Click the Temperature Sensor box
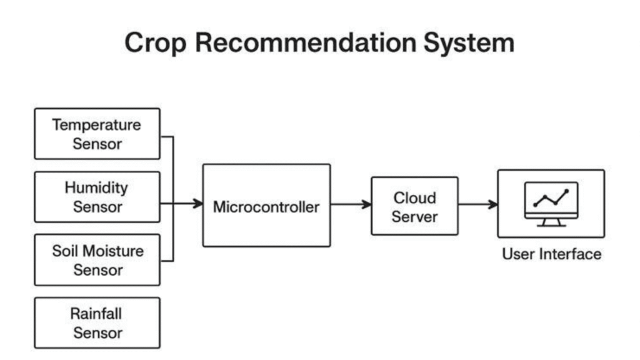point(97,134)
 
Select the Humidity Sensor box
point(97,197)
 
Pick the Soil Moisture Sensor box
point(97,260)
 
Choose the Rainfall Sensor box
point(97,323)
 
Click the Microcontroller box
point(266,206)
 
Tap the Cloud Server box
point(414,206)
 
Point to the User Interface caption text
point(551,254)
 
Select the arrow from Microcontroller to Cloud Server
point(351,204)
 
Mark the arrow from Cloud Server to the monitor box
point(478,204)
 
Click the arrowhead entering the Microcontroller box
point(198,203)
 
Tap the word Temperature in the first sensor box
point(97,124)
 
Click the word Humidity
point(96,187)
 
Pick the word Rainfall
point(97,314)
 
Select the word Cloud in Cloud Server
point(414,197)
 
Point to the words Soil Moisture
point(97,251)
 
